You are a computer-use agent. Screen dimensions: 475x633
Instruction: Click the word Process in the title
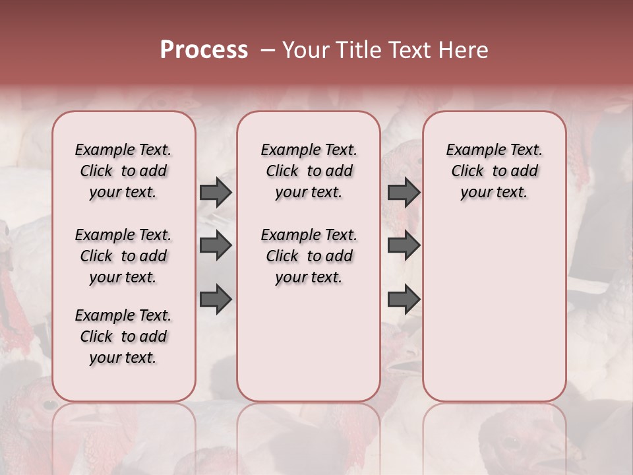[x=204, y=50]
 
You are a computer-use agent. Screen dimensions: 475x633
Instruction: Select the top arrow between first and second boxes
[x=216, y=192]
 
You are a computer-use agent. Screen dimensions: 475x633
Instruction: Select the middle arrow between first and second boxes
[x=216, y=245]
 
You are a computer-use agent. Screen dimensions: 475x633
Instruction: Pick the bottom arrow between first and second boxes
[x=216, y=300]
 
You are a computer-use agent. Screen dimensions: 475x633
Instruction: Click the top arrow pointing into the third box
[x=404, y=192]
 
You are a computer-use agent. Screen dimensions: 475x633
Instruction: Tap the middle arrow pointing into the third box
[x=404, y=245]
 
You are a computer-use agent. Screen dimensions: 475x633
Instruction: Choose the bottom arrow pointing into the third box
[x=404, y=300]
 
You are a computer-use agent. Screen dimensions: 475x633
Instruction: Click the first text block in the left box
[x=123, y=171]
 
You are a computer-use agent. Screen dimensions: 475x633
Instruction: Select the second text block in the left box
[x=123, y=256]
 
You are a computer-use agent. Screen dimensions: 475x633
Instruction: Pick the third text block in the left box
[x=123, y=336]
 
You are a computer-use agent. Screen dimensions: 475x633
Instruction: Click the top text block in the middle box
[x=309, y=171]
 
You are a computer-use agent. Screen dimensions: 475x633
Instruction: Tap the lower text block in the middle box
[x=309, y=256]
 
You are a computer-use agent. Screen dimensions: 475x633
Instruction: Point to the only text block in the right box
[x=494, y=171]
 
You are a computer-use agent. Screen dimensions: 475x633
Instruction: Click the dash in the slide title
[x=267, y=50]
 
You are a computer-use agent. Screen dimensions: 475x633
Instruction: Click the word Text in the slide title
[x=409, y=50]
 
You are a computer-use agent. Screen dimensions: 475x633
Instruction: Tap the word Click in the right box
[x=467, y=172]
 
